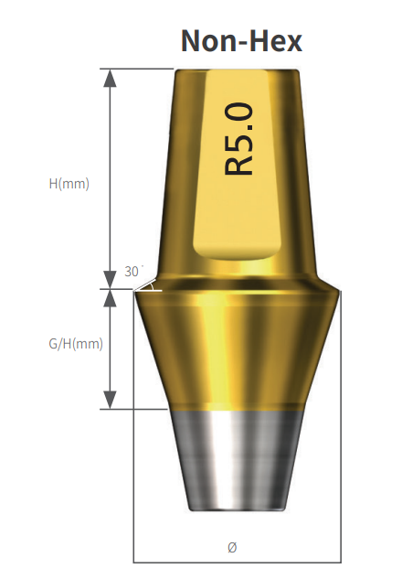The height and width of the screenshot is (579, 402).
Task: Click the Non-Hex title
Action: [241, 39]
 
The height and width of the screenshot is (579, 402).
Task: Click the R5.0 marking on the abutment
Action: [239, 139]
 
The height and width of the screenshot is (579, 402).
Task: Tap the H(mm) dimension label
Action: [69, 183]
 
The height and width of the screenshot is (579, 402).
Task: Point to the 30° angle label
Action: [133, 272]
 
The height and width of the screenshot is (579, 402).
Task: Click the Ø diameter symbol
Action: [232, 546]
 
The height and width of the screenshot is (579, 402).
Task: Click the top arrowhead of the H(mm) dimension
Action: [111, 78]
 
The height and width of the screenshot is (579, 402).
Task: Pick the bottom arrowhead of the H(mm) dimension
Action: [111, 279]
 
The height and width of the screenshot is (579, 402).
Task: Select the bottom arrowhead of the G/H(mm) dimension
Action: [111, 400]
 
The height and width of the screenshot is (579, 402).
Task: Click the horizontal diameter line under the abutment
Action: [183, 561]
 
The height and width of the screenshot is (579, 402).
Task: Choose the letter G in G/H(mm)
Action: [53, 344]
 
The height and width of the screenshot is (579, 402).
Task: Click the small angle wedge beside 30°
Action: [149, 285]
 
